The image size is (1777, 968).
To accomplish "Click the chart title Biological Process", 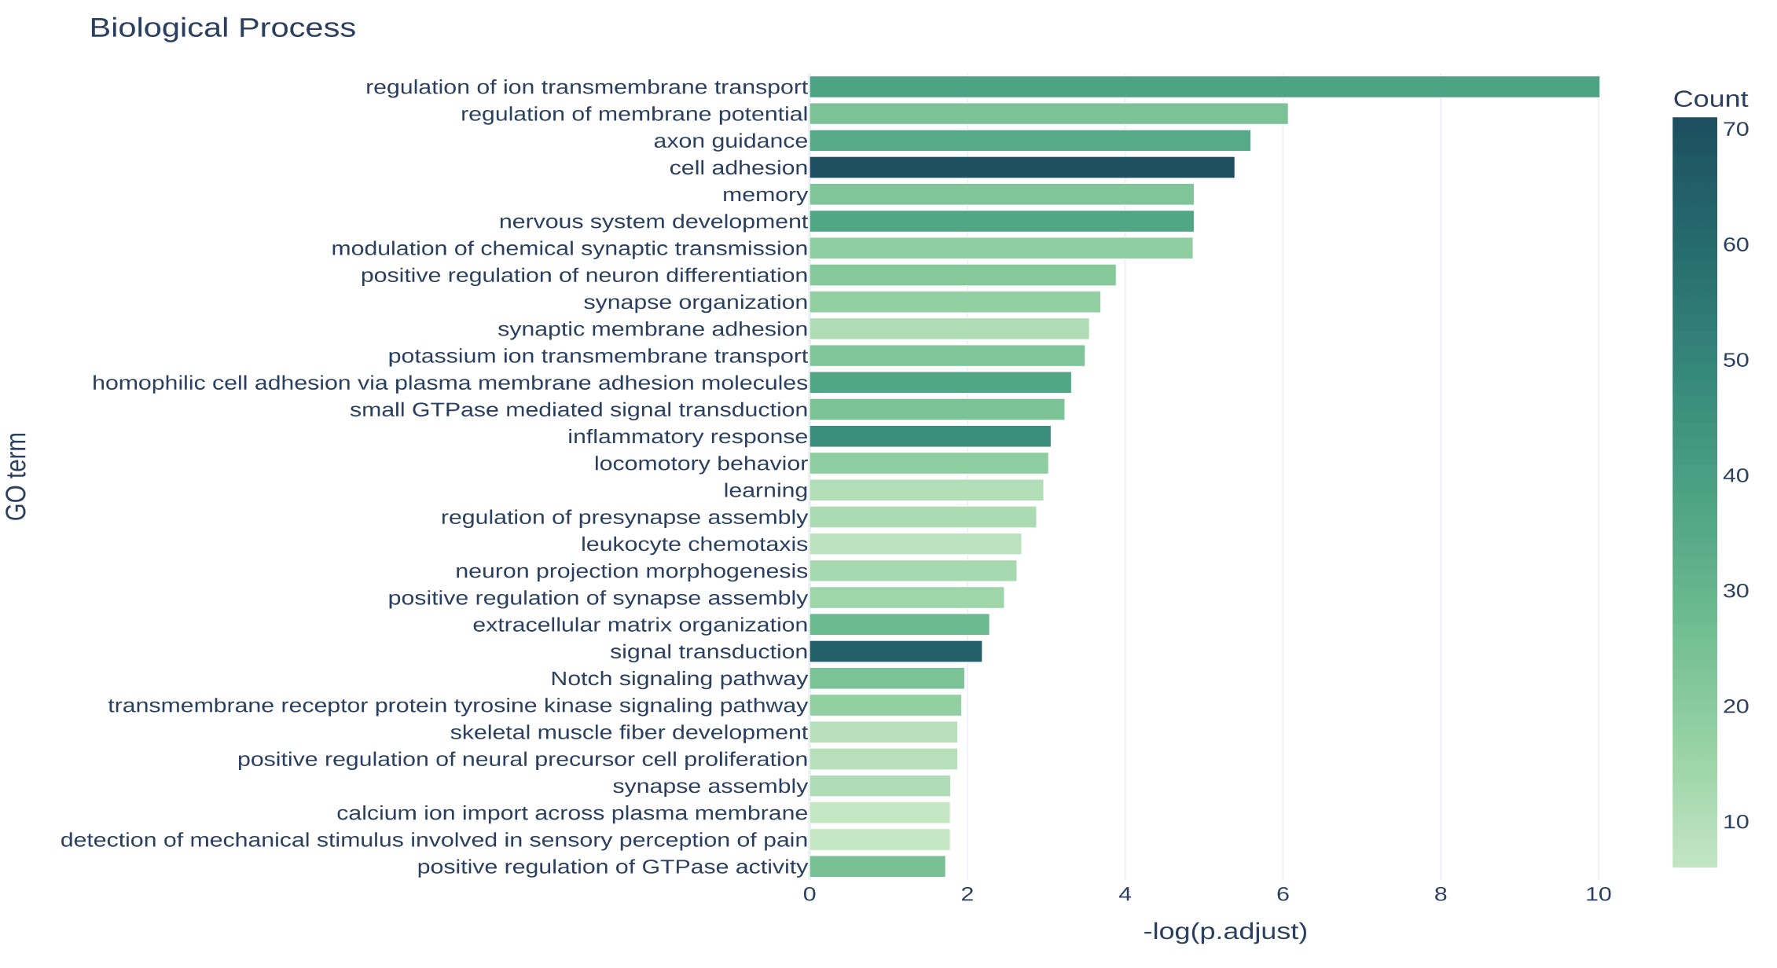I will click(x=222, y=28).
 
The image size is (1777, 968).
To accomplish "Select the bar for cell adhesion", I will click(x=1022, y=167).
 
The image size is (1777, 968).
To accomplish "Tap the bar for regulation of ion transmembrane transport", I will click(x=1204, y=86).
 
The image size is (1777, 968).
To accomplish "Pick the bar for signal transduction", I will click(x=895, y=651).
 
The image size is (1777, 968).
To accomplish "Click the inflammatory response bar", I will click(x=930, y=436).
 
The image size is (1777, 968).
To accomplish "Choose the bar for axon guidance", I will click(x=1030, y=141).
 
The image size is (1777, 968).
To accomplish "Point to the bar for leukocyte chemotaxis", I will click(x=915, y=544).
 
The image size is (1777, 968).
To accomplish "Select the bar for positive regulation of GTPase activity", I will click(x=877, y=867).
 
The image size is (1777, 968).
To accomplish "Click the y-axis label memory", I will click(x=765, y=195).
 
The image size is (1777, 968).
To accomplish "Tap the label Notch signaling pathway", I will click(x=679, y=679).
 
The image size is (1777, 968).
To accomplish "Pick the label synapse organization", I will click(x=696, y=302).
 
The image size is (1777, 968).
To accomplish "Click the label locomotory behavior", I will click(x=700, y=464).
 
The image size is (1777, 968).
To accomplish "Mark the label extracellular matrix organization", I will click(x=640, y=625).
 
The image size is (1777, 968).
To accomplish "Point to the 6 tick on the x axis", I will click(x=1283, y=894).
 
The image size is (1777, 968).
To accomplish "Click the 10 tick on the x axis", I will click(x=1599, y=894).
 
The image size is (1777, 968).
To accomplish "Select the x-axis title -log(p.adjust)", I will click(x=1224, y=932).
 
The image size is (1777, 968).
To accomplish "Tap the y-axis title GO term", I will click(x=17, y=476).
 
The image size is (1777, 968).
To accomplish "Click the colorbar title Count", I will click(x=1710, y=99).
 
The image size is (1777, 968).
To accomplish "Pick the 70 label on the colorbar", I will click(x=1735, y=130).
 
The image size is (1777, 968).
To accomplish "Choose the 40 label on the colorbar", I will click(x=1735, y=475).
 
